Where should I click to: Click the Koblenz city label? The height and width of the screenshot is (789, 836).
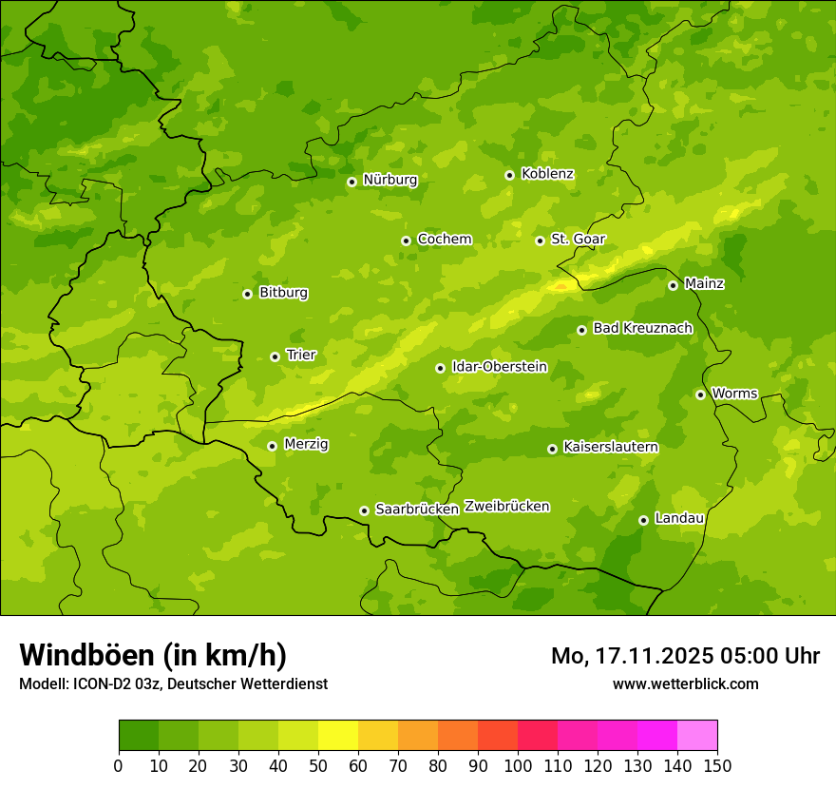click(547, 174)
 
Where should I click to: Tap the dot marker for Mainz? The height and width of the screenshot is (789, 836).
click(673, 285)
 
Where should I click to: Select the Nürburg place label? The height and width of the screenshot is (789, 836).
click(389, 180)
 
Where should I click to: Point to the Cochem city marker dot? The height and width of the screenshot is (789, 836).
click(406, 241)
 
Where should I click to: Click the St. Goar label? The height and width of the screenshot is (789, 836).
click(578, 239)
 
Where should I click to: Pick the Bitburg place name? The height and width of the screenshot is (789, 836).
click(283, 293)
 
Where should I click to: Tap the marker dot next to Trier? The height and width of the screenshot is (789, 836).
click(275, 356)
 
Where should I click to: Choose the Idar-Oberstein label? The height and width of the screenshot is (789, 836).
click(499, 367)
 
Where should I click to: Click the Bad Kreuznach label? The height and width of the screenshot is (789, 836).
click(642, 328)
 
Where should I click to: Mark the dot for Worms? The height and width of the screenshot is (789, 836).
click(700, 394)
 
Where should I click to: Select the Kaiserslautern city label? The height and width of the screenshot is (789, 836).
click(610, 447)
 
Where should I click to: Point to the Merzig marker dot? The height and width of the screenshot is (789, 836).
click(272, 446)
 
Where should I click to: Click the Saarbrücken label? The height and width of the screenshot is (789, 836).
click(416, 510)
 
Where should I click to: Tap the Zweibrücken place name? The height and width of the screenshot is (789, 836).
click(506, 507)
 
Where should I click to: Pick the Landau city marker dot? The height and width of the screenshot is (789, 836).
click(643, 520)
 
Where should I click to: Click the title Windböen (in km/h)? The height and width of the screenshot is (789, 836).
click(153, 655)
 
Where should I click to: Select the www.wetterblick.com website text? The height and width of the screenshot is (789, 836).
click(685, 683)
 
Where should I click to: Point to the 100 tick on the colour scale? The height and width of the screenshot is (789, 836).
click(518, 765)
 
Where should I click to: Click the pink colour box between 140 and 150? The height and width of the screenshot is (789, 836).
click(697, 736)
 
